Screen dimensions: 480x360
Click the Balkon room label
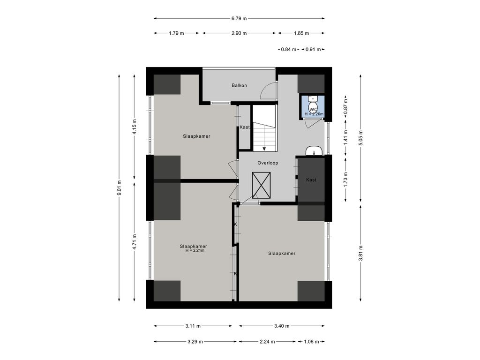pos(239,85)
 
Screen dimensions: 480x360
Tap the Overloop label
pos(268,163)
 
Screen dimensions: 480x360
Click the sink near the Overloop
pos(314,151)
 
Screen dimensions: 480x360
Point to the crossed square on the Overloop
pos(261,185)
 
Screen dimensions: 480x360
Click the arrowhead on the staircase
pos(264,149)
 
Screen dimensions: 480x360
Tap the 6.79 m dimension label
pos(239,18)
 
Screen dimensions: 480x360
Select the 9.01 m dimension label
pos(120,187)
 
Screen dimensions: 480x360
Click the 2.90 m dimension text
pos(239,33)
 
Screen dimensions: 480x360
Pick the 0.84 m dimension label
pos(289,49)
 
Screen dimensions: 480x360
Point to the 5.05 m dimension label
pos(360,138)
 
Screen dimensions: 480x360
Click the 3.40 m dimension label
pos(282,326)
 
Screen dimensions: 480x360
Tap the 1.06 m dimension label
pos(311,342)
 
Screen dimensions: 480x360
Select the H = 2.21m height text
pos(195,250)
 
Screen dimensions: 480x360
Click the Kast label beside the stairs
pos(244,127)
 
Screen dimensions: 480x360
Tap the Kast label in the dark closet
pos(311,180)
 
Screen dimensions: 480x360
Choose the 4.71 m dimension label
pos(135,242)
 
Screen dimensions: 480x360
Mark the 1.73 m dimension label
pos(345,180)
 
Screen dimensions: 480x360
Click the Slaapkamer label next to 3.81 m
pos(282,253)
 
